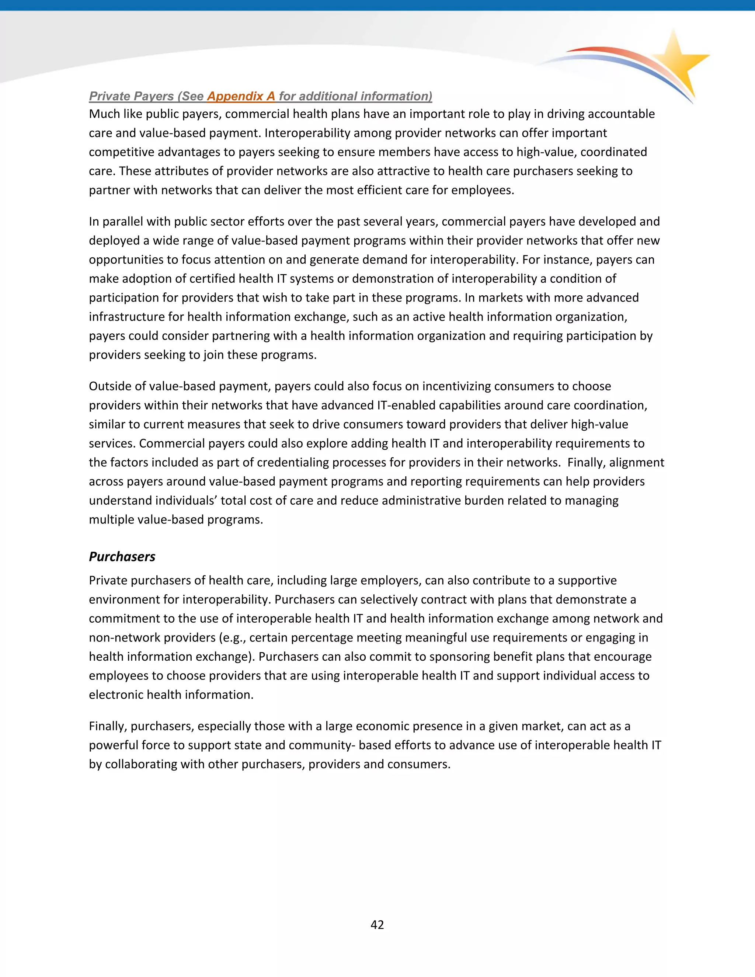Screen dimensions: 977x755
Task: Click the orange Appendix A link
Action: pos(241,96)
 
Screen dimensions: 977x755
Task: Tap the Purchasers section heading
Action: pos(122,556)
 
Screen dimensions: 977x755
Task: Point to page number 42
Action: pos(377,925)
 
